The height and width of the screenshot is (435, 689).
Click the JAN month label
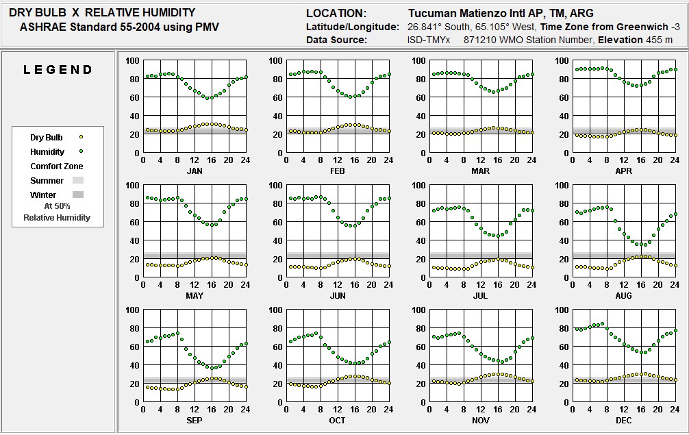pos(195,171)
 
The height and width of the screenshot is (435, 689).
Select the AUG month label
pos(623,296)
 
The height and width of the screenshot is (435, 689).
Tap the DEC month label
pos(623,420)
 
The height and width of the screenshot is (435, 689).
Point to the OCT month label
pos(337,420)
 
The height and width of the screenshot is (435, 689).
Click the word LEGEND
pos(58,70)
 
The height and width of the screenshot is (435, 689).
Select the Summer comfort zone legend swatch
pos(77,181)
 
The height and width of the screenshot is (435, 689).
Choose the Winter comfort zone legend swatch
pos(77,195)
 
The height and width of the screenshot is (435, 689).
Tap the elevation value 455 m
pos(659,40)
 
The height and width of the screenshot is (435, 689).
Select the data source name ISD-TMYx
pos(428,40)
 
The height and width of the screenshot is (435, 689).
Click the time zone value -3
pos(675,27)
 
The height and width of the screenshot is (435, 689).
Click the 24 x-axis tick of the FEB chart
pos(388,160)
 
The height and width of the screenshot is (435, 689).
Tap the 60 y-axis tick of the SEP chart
pos(132,347)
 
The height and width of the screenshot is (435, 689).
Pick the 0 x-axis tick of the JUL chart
pos(429,285)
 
